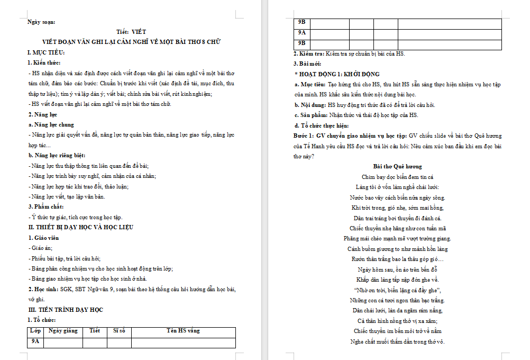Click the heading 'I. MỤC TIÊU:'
[x=46, y=52]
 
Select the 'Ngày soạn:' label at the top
[x=41, y=22]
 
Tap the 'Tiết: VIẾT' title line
[x=131, y=32]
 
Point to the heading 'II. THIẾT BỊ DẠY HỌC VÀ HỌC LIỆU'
[x=80, y=227]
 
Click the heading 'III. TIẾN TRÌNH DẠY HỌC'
[x=65, y=310]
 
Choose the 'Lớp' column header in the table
[x=35, y=331]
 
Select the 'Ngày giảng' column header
[x=62, y=331]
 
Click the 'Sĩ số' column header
[x=119, y=331]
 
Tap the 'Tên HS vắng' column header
[x=183, y=331]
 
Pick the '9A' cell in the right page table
[x=302, y=33]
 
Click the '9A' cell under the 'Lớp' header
[x=35, y=342]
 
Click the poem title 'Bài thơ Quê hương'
[x=397, y=166]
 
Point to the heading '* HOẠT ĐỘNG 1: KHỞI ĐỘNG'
[x=337, y=74]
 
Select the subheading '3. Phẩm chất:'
[x=47, y=207]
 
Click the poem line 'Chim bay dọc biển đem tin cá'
[x=397, y=177]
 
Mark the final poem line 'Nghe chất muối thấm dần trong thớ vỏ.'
[x=397, y=341]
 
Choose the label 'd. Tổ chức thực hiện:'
[x=322, y=125]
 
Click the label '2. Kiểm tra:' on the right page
[x=309, y=53]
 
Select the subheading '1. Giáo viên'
[x=43, y=238]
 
